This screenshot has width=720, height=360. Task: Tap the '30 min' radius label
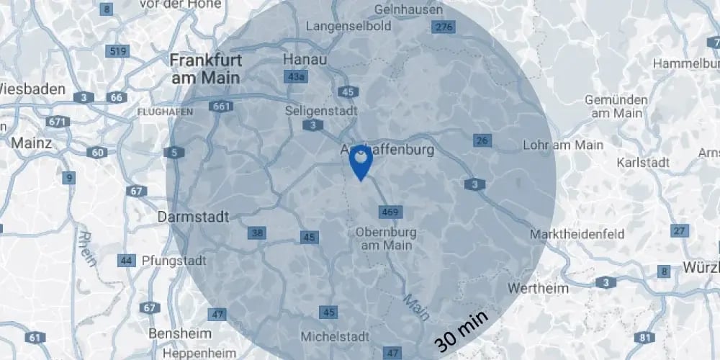[x=462, y=330]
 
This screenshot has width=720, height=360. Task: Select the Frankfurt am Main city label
[x=206, y=68]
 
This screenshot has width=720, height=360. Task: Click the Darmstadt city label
[x=193, y=216]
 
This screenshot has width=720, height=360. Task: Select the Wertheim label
[x=538, y=288]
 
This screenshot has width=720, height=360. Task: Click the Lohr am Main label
[x=562, y=145]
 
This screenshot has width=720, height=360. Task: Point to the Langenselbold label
[x=348, y=26]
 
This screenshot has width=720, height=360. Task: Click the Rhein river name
[x=87, y=248]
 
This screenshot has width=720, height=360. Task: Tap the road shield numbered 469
[x=389, y=212]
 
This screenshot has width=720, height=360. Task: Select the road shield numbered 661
[x=222, y=107]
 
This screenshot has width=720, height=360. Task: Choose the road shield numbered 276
[x=442, y=27]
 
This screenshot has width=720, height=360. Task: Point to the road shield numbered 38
[x=256, y=233]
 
